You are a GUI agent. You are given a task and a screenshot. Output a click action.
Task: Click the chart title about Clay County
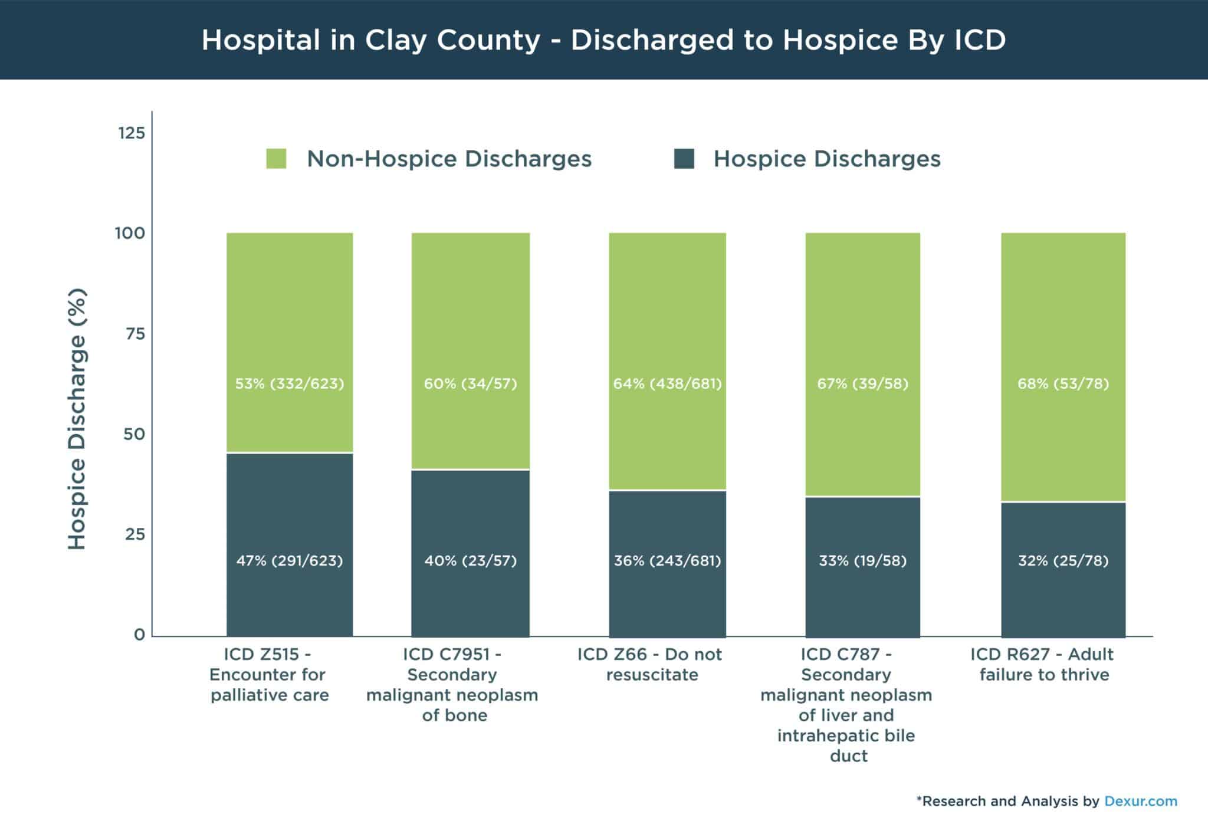click(603, 40)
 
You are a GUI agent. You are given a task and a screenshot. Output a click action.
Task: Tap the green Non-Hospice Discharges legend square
click(276, 159)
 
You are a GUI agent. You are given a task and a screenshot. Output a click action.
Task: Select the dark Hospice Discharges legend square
click(684, 159)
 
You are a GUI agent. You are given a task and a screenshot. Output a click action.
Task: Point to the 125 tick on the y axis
click(132, 133)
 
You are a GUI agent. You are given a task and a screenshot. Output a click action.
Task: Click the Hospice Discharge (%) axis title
click(77, 419)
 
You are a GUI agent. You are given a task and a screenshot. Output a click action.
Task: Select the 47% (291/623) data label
click(290, 560)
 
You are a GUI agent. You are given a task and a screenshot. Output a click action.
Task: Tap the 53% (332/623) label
click(290, 384)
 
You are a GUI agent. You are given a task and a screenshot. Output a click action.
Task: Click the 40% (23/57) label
click(470, 560)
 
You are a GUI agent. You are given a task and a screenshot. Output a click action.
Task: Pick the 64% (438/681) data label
click(667, 384)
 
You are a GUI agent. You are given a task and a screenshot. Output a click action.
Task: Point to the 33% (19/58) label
click(862, 560)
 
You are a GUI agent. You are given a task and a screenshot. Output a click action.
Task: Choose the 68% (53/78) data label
click(1063, 384)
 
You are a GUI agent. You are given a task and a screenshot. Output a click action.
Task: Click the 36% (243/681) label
click(667, 560)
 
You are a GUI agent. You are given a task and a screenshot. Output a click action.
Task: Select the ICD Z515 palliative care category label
click(269, 674)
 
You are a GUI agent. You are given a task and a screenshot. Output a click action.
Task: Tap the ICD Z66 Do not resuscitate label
click(650, 664)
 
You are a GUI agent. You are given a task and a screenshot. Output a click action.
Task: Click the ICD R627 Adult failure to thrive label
click(1043, 664)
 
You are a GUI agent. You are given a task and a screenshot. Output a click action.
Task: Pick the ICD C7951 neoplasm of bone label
click(452, 684)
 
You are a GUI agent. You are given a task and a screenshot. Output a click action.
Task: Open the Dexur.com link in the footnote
click(1141, 801)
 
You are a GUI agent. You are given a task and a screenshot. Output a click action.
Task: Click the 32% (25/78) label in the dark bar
click(1063, 560)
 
